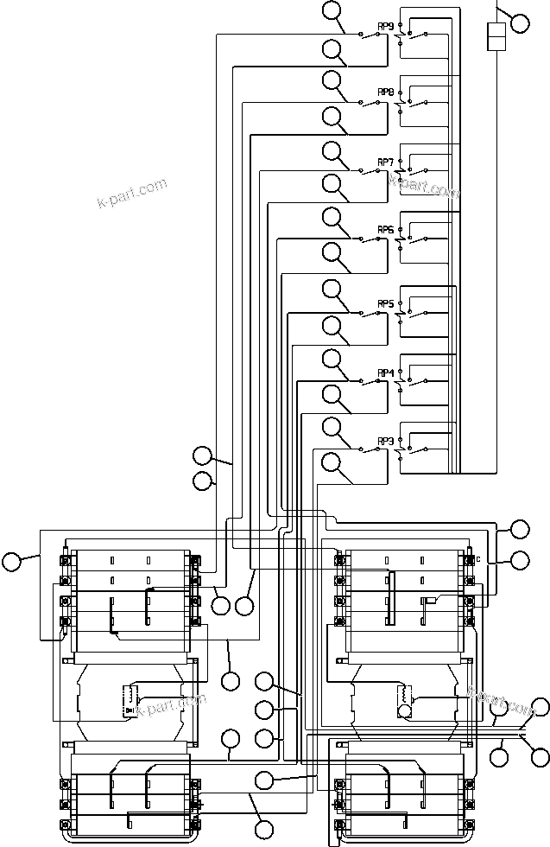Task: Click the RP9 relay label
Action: (385, 25)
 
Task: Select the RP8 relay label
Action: (385, 92)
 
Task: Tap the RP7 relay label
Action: (385, 162)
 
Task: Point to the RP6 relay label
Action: (385, 229)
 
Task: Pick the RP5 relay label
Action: (385, 303)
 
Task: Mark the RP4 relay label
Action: (385, 373)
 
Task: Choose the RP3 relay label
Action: (385, 441)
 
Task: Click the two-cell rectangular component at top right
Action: (496, 38)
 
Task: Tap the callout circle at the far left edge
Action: (11, 562)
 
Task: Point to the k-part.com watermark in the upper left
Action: (131, 194)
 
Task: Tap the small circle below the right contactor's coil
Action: (403, 711)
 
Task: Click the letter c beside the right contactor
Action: (477, 558)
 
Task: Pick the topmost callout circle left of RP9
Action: (332, 11)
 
